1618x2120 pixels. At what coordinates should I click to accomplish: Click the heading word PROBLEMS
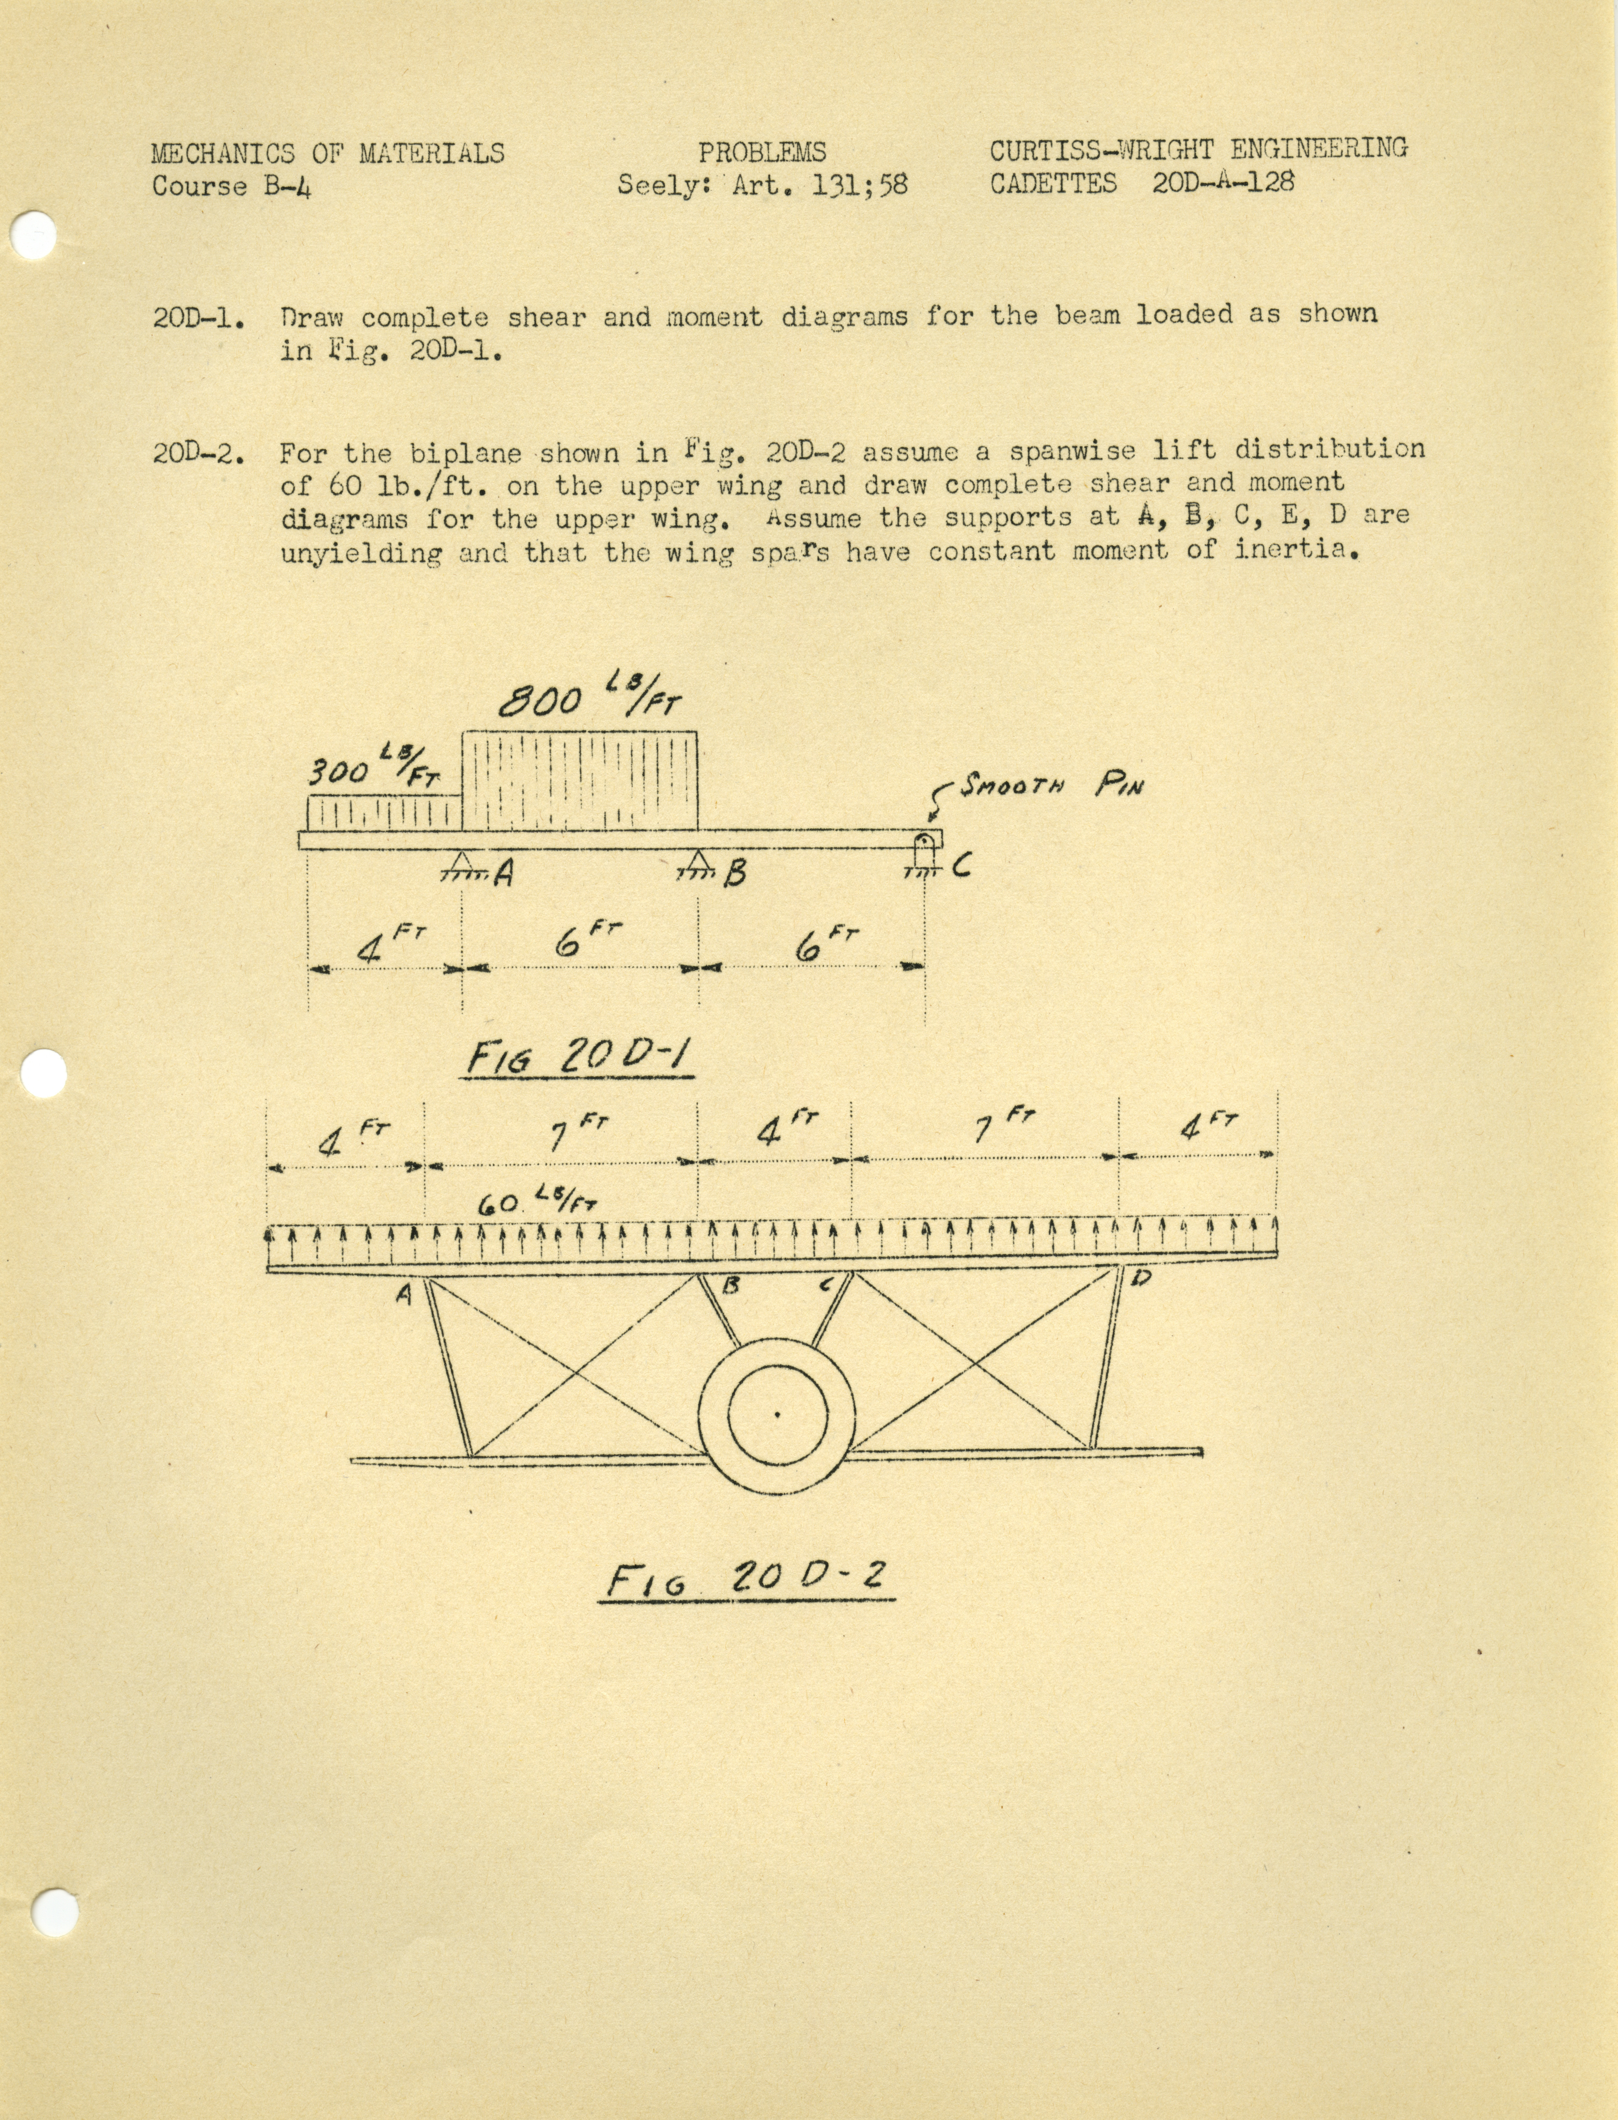pyautogui.click(x=762, y=152)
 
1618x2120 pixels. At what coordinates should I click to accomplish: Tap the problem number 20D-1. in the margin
pyautogui.click(x=197, y=318)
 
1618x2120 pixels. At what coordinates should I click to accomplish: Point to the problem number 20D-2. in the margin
pyautogui.click(x=197, y=453)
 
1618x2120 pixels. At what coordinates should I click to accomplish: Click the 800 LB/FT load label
pyautogui.click(x=587, y=701)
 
